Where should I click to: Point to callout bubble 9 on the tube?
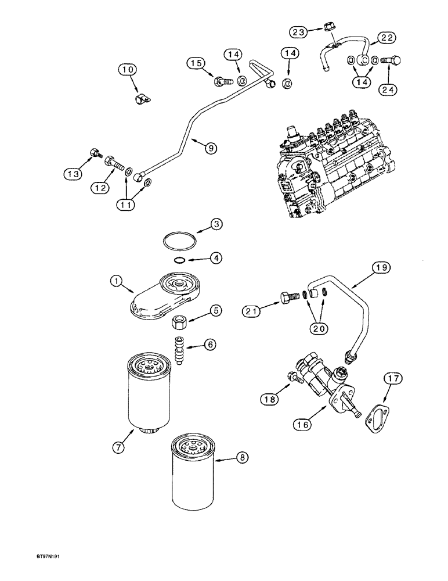coord(209,148)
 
